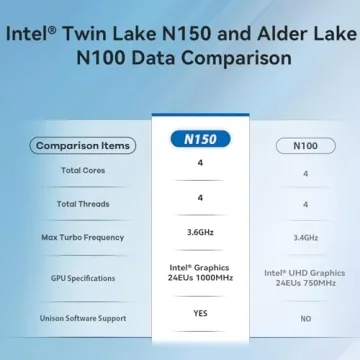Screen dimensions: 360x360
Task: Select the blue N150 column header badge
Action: pos(200,139)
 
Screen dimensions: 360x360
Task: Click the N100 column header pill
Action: pos(305,145)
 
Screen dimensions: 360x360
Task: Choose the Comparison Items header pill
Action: pos(83,145)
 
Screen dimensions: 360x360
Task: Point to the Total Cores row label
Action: pos(83,171)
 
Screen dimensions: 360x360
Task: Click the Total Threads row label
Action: pos(83,204)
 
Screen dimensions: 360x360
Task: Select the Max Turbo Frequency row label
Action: pos(83,237)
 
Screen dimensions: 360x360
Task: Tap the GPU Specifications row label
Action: pos(83,278)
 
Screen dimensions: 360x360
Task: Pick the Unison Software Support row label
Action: pos(83,318)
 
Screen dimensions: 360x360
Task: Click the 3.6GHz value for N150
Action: pos(200,232)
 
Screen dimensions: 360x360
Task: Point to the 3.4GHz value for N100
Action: pos(305,238)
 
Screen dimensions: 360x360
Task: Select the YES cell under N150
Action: pos(200,311)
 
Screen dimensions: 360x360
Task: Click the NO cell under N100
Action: pos(305,319)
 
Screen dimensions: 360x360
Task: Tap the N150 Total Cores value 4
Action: pos(200,163)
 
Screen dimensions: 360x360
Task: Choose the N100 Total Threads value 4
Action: pos(305,204)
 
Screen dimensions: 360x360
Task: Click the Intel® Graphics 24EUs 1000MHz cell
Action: pos(200,273)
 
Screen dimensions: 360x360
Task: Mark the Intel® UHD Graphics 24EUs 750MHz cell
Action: pos(305,278)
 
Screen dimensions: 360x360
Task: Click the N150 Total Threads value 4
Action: pos(200,197)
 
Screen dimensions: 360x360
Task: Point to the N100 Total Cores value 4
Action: pos(305,172)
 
